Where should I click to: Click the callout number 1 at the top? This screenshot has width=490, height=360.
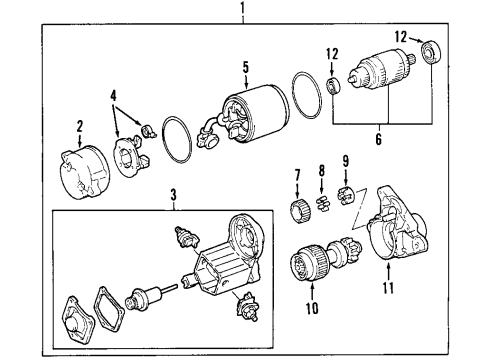click(x=243, y=8)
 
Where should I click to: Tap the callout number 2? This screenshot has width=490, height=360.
click(x=79, y=127)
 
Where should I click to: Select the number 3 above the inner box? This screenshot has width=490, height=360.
click(x=173, y=195)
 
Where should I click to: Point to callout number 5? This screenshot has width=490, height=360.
click(x=246, y=67)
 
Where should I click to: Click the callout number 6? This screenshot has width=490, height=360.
click(x=378, y=139)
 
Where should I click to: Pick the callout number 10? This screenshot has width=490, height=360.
click(x=312, y=308)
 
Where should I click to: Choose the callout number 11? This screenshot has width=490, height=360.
click(x=388, y=288)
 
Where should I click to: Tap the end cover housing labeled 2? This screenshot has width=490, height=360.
click(x=85, y=172)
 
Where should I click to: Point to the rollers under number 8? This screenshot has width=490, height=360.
click(x=322, y=203)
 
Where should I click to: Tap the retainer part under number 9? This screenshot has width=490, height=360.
click(x=346, y=197)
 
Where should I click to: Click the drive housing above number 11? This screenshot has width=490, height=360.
click(x=397, y=223)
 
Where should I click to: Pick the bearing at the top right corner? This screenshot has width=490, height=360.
click(x=432, y=52)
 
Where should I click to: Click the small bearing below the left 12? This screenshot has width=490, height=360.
click(x=333, y=85)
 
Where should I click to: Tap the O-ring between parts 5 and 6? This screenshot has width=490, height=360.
click(x=306, y=95)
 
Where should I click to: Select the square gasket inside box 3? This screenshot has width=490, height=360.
click(x=109, y=307)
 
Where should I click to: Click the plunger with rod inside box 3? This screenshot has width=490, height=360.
click(x=149, y=296)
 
